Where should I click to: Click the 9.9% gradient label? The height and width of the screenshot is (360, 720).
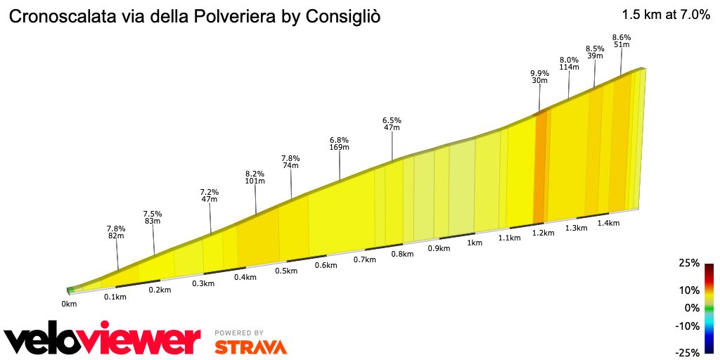[539, 72]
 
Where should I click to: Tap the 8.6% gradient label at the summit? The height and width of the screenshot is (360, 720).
[622, 37]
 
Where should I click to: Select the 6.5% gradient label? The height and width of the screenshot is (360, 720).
[392, 120]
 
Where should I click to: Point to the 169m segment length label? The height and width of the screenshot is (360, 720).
[340, 148]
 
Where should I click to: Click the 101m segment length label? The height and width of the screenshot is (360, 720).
[255, 181]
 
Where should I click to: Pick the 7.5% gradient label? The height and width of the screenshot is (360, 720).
[153, 214]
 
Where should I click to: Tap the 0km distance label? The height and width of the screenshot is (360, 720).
[69, 304]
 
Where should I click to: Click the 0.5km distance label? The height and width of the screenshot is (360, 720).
[285, 271]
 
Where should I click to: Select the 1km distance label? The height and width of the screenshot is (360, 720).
[475, 243]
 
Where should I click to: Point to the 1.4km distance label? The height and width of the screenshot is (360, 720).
[608, 223]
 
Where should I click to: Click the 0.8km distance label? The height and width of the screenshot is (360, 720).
[402, 254]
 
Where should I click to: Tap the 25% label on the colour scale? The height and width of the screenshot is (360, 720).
[689, 263]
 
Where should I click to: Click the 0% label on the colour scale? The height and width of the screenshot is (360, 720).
[692, 307]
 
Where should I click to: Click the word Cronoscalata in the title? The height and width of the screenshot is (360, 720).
[57, 16]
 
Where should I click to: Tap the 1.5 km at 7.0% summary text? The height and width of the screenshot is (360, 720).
[666, 15]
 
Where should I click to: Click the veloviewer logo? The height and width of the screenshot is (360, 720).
[103, 340]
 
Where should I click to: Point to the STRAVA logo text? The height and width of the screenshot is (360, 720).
[250, 347]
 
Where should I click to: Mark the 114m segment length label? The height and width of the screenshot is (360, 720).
[569, 67]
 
